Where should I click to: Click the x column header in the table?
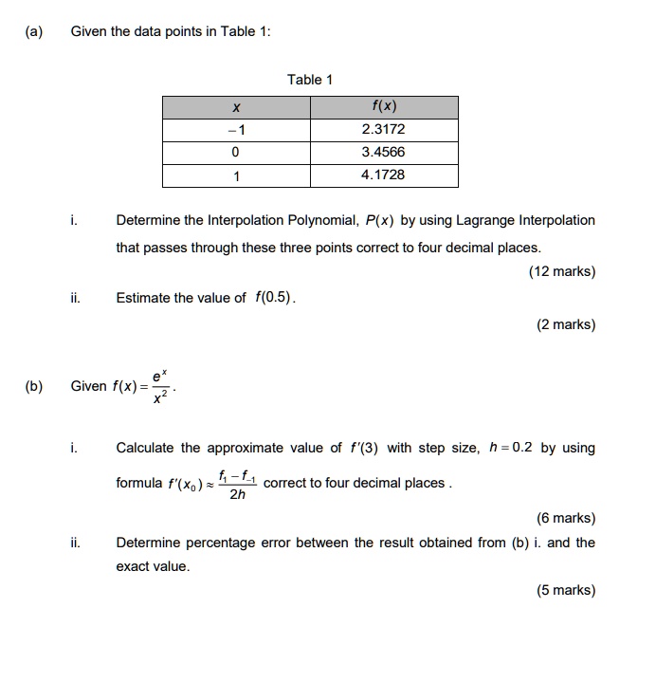[x=235, y=106]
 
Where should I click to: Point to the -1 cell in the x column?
[x=235, y=129]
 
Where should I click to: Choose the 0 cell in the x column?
[x=235, y=152]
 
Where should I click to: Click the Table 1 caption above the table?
[x=310, y=80]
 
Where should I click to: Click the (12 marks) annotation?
[x=561, y=271]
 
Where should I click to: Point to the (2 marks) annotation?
[x=565, y=324]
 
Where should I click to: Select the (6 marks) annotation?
[x=565, y=518]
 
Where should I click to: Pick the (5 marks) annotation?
[x=565, y=590]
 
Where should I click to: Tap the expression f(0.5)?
[x=275, y=298]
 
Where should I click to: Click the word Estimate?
[x=145, y=298]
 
